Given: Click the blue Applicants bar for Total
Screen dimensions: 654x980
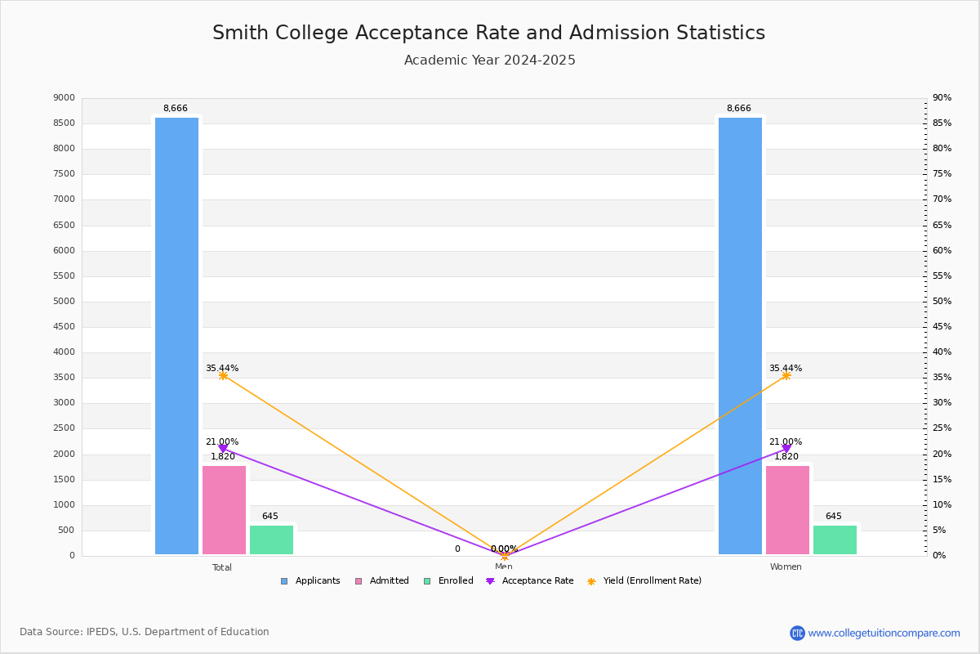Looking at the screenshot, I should coord(176,335).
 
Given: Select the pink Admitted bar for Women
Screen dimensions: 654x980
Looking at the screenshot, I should coord(787,510).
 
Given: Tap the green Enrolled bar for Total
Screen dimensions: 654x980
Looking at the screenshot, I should coord(271,540).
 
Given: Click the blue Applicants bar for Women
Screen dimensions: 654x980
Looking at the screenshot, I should coord(740,335).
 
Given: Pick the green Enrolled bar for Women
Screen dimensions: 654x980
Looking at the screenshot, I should coord(835,540).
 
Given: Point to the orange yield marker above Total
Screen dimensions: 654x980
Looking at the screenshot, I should coord(223,375).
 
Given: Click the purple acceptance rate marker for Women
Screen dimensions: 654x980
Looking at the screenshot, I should coord(786,449).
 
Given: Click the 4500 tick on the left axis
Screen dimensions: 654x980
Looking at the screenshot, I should coord(64,327).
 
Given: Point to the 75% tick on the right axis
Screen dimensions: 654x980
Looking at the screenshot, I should coord(942,174).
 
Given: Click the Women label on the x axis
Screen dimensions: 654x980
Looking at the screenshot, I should coord(786,567).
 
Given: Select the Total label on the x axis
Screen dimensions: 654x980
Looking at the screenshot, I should coord(222,567).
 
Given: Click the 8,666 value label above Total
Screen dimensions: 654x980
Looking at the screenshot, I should coord(176,109).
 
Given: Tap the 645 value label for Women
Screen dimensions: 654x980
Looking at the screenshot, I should coord(833,517).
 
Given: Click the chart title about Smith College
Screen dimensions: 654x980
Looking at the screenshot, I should coord(488,33).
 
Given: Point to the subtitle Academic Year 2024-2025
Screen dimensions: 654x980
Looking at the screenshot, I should coord(489,60).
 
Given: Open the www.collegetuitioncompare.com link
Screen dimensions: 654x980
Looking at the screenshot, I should coord(884,633).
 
